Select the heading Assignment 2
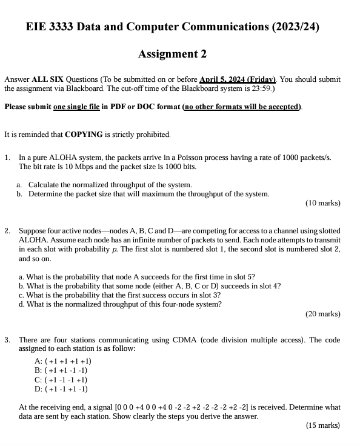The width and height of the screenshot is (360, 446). (173, 54)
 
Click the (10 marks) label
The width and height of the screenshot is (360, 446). (322, 203)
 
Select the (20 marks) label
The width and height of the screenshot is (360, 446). (322, 314)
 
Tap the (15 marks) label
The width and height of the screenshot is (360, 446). (322, 425)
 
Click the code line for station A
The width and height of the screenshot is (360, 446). (64, 361)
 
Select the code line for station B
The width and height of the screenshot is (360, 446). (62, 370)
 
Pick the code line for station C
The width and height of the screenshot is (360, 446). (62, 379)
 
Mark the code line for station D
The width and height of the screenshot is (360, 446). (62, 388)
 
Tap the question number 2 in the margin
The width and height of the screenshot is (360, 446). (7, 231)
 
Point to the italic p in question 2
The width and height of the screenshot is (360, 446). (124, 249)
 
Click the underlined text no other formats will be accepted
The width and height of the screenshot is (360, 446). (241, 107)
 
